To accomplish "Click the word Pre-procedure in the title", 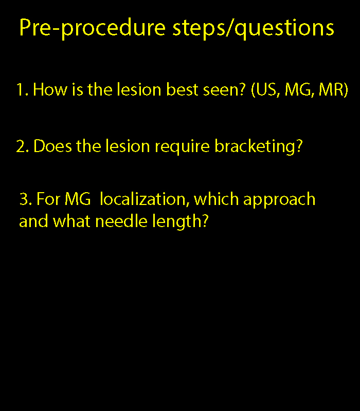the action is [93, 29].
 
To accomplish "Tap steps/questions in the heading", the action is [253, 29].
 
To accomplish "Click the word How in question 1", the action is [50, 89].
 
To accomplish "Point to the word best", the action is [183, 89].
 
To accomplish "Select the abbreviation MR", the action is [331, 89].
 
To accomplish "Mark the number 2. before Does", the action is [23, 146].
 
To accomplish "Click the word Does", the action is [53, 146].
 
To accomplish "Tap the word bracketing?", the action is [259, 147].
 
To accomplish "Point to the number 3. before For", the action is [26, 199].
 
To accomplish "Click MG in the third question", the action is [78, 199].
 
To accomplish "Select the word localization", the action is [145, 199].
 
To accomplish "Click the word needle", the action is [121, 221].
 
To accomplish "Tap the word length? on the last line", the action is [181, 222].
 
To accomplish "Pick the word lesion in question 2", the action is [128, 146].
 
